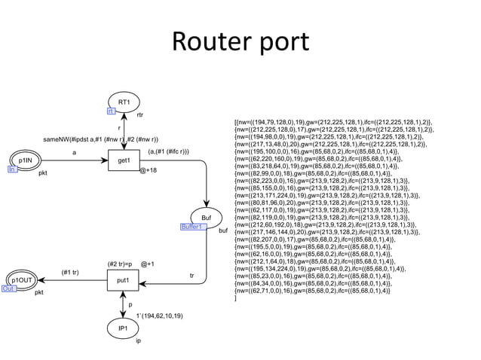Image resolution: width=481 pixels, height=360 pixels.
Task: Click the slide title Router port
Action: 240,43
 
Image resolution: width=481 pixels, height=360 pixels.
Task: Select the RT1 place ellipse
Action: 124,102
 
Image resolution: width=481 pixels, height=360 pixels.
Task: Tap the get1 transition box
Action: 124,160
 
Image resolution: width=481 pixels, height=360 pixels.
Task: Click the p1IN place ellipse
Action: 25,160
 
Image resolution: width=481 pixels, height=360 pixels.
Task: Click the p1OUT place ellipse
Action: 21,280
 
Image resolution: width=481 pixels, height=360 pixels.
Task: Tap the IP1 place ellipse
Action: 123,329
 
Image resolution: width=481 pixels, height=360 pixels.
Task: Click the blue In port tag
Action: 11,170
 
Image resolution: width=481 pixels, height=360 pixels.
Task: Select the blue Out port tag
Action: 8,288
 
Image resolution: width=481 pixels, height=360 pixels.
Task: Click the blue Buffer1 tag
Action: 192,227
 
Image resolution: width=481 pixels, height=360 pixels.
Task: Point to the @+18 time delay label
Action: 149,171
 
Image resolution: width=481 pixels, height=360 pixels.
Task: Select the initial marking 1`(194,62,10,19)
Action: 159,316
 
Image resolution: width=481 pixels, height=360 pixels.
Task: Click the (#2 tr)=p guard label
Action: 120,264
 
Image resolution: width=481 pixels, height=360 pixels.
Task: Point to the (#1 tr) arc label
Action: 70,272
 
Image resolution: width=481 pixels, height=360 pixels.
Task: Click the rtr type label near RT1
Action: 140,115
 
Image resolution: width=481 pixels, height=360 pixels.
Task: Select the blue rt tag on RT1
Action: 110,111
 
